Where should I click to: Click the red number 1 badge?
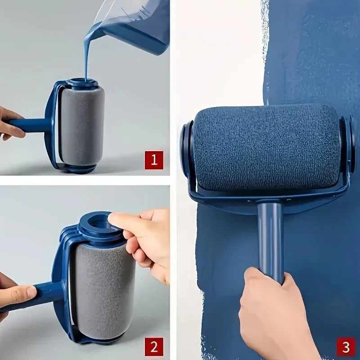pos(153,160)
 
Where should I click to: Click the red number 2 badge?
pos(153,346)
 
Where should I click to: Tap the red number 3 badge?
pos(346,347)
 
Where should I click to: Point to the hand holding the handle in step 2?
pos(16,295)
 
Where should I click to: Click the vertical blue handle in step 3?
pos(270,238)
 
